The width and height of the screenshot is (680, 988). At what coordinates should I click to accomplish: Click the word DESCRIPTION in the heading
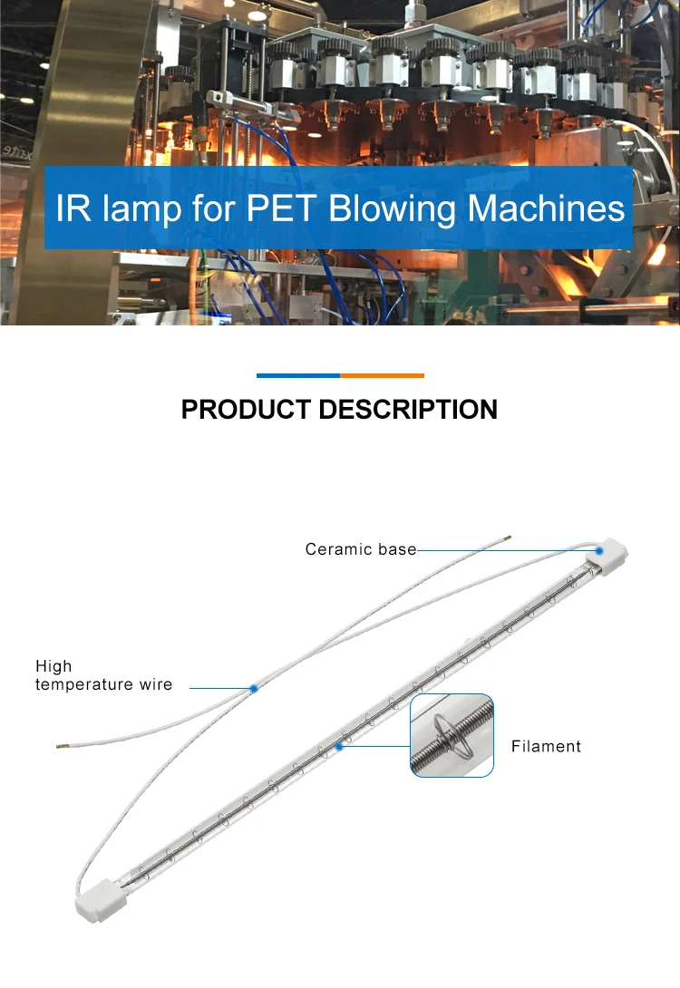point(407,410)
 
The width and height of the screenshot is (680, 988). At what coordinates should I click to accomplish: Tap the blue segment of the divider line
point(297,375)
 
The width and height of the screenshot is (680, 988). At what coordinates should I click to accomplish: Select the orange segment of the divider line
point(382,375)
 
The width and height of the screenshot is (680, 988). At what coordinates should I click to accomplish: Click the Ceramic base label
point(360,549)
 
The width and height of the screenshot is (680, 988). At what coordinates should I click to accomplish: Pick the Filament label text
point(546,747)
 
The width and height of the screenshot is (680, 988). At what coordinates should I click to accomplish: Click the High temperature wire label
point(103,675)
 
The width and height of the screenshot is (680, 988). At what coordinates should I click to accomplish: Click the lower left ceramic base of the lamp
point(99,893)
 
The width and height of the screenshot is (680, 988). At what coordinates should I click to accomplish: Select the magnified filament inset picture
point(452,735)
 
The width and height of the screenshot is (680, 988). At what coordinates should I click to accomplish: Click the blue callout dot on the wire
point(254,689)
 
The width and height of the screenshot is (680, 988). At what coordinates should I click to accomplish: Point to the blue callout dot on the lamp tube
point(339,746)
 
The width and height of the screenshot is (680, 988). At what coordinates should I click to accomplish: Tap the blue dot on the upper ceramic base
point(600,550)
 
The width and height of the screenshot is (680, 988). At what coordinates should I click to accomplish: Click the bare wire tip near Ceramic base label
point(509,537)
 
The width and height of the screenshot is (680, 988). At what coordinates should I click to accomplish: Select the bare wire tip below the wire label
point(60,746)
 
